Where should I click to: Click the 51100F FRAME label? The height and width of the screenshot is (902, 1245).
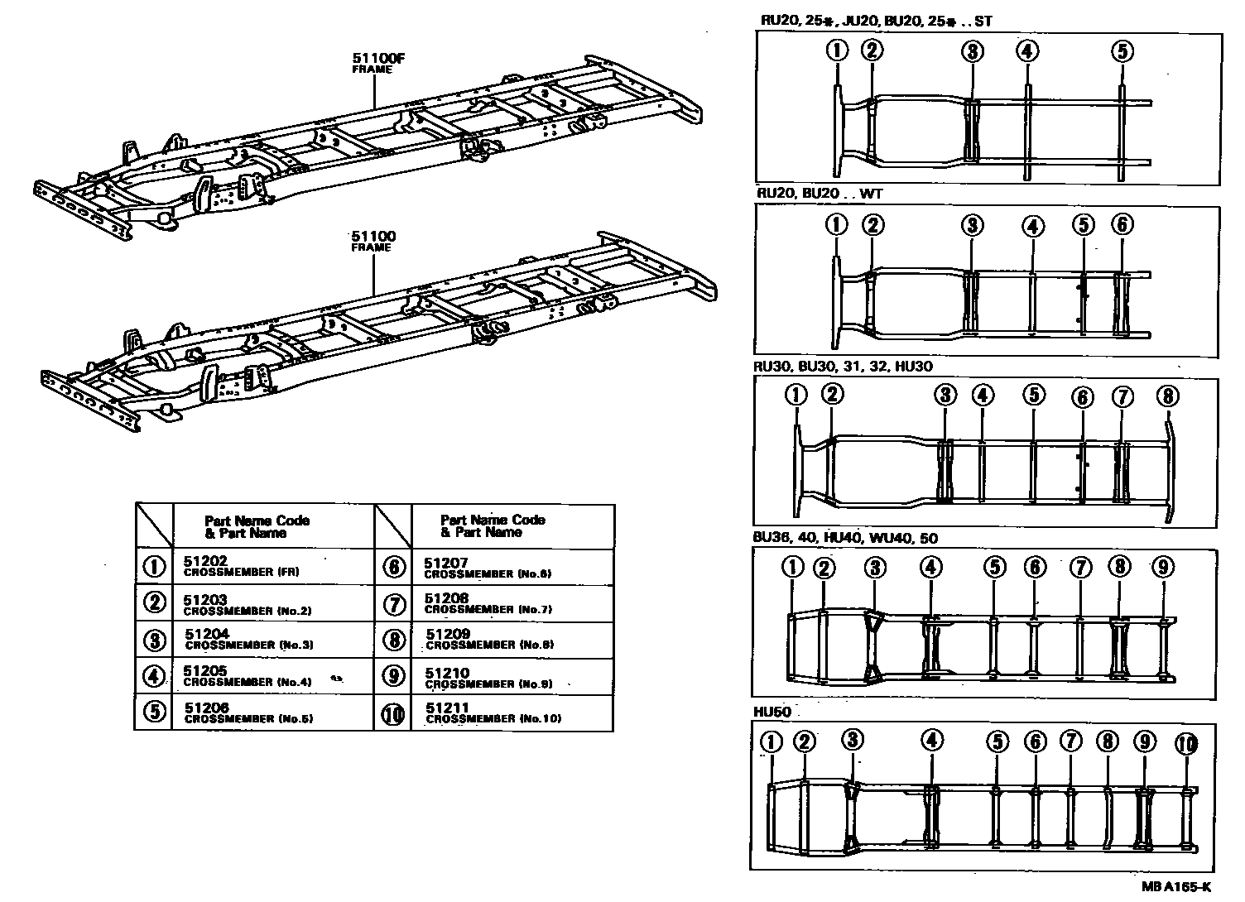tap(373, 63)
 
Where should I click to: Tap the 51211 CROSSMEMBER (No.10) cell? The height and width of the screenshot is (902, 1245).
tap(493, 712)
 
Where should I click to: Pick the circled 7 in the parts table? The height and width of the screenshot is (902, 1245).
tap(394, 604)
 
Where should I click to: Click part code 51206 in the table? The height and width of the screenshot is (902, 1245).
tap(207, 708)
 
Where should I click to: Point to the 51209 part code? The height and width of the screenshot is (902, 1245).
tap(448, 635)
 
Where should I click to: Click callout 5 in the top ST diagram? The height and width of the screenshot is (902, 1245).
tap(1122, 51)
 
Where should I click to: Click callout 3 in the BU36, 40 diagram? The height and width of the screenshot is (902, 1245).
tap(876, 568)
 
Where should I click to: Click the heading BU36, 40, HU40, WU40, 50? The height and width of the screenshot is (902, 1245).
tap(845, 538)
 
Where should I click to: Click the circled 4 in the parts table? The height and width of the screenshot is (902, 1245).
tap(154, 676)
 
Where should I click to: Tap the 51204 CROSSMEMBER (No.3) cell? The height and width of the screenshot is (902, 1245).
tap(248, 639)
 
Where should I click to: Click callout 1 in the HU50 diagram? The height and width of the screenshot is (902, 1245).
tap(772, 741)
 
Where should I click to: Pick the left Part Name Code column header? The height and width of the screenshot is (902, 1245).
tap(257, 526)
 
